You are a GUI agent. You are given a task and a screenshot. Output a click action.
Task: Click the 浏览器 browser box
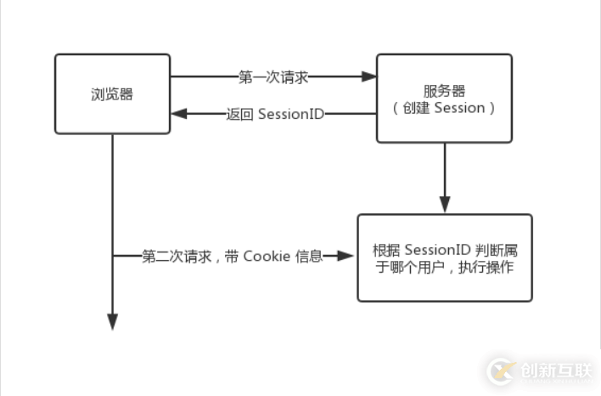pos(112,93)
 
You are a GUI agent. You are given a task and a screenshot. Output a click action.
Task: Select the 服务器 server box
pos(444,98)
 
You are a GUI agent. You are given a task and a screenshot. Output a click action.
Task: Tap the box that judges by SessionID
pos(444,257)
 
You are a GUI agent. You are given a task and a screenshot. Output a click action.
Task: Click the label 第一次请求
pos(273,76)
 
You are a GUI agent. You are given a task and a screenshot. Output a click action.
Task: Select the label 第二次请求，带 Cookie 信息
pos(232,256)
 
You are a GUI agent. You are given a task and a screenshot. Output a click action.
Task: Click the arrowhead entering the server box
pos(369,76)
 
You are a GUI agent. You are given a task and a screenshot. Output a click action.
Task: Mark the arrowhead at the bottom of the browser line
pos(112,322)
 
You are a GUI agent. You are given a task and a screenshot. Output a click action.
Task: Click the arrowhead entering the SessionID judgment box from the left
pos(348,256)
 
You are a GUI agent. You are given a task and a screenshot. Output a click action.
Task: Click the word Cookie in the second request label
pos(267,256)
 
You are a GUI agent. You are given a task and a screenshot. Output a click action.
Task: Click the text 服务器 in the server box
pos(444,90)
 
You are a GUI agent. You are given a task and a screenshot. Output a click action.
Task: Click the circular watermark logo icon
pos(501,371)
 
